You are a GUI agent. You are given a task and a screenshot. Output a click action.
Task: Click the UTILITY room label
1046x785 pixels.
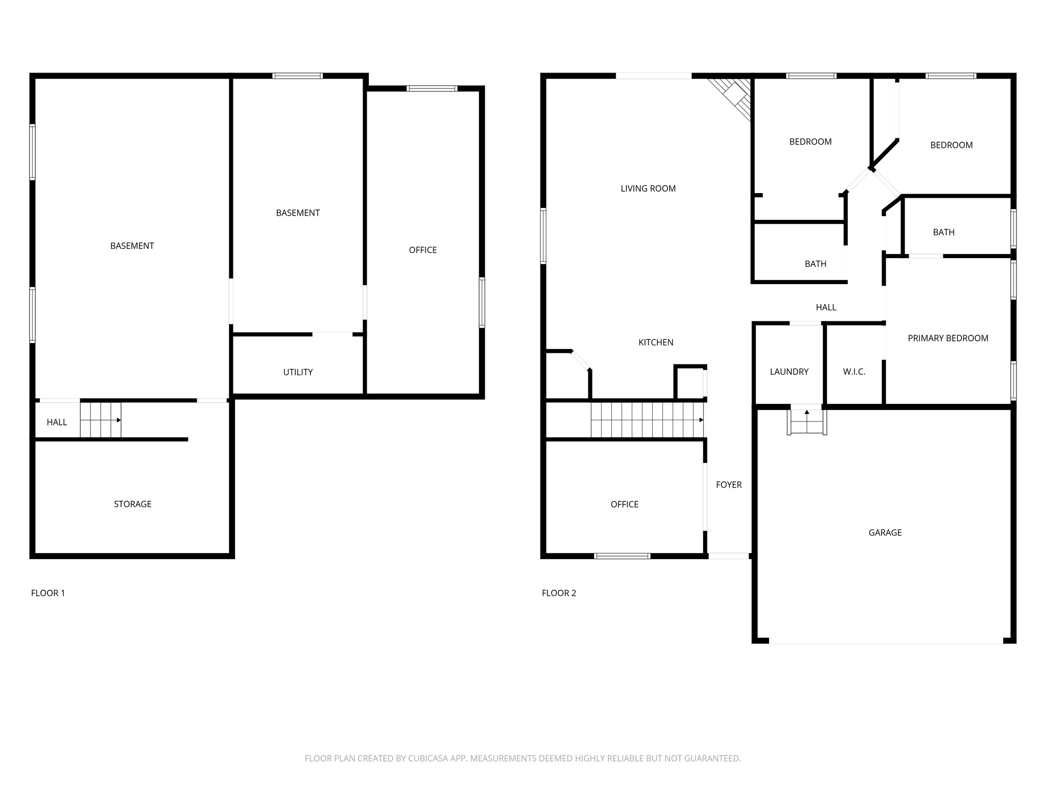point(298,372)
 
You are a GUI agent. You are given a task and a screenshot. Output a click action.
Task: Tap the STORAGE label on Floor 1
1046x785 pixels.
point(132,504)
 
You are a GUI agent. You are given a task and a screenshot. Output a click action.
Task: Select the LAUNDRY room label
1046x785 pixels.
point(789,372)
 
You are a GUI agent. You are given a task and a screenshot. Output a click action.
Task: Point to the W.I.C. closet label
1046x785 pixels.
point(854,372)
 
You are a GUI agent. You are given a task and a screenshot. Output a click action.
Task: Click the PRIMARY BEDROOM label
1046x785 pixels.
point(947,338)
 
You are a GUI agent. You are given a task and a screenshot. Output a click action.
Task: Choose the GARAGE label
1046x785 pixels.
point(885,533)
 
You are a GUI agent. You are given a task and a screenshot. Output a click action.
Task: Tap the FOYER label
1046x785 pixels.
point(728,484)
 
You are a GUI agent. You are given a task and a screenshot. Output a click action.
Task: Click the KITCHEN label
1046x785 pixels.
point(655,342)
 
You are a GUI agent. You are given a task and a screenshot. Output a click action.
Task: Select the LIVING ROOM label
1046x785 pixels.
point(648,189)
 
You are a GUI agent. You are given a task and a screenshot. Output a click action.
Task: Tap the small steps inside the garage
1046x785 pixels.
point(806,422)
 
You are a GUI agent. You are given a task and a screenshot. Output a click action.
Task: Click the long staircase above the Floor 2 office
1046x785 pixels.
point(647,420)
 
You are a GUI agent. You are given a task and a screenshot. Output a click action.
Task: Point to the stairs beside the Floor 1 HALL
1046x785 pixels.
point(101,420)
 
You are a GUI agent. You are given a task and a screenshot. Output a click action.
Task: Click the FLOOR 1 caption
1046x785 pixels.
point(48,593)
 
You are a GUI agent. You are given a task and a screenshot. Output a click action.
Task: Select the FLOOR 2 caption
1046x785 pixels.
point(559,593)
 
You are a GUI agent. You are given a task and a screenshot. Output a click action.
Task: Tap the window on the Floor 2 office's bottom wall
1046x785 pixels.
point(622,556)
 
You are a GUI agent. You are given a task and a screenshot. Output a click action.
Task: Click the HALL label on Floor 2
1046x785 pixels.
point(825,307)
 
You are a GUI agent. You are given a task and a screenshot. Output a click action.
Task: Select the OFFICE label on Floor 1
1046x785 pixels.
point(422,250)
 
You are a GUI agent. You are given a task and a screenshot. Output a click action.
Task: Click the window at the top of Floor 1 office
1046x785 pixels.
point(432,88)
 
